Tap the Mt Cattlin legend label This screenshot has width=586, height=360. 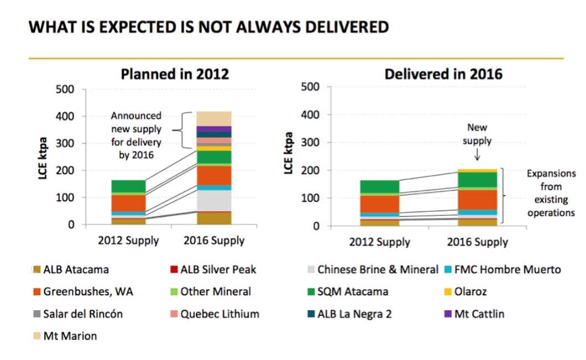tap(479, 314)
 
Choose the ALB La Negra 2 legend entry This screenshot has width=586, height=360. tap(349, 314)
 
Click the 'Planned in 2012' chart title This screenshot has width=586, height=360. tap(175, 74)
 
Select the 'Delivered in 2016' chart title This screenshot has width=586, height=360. tap(443, 74)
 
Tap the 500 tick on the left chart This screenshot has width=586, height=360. tap(66, 90)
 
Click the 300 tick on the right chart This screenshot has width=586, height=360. tap(312, 143)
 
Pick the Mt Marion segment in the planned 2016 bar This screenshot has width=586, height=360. tap(214, 118)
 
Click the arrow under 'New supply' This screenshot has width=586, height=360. tap(476, 157)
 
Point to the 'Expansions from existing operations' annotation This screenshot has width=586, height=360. tap(551, 193)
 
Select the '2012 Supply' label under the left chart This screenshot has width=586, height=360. tap(128, 241)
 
